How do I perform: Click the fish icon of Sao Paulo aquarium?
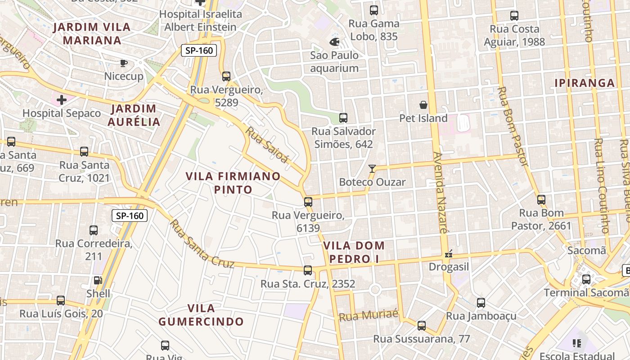coord(334,42)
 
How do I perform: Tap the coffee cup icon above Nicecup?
coord(124,63)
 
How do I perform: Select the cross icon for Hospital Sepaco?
coord(62,99)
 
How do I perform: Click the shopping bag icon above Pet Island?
coord(423,105)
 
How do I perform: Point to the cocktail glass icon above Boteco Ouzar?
coord(372,169)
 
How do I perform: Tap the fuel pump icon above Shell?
coord(98,280)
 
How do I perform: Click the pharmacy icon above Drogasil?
coord(448,254)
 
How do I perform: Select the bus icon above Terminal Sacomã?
coord(586,279)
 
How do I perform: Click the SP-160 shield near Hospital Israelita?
coord(199,50)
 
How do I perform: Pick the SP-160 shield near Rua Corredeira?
coord(130,216)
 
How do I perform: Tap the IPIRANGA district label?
coord(585,83)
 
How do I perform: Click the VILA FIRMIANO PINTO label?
coord(233,183)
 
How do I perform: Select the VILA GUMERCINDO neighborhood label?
coord(201,315)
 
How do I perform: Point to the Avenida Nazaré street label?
coord(440,193)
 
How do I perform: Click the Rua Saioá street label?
coord(266,144)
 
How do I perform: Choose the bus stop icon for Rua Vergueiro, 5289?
coord(226,76)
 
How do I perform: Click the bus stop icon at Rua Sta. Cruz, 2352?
coord(308,270)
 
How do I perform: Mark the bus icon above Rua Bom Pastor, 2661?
coord(541,199)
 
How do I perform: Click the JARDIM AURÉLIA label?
coord(134,115)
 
